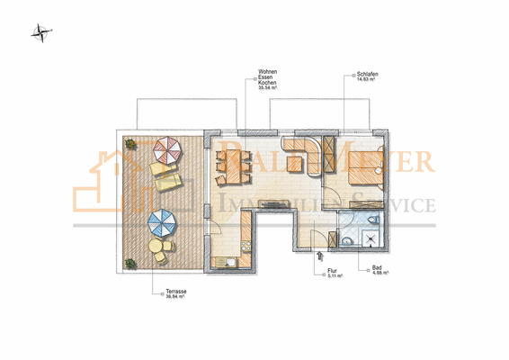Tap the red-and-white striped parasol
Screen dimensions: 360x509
point(166,148)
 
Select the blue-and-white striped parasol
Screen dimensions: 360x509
point(163,219)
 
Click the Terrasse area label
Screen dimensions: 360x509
point(174,293)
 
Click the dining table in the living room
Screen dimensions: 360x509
point(232,165)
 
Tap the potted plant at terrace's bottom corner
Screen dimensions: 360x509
point(129,263)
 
